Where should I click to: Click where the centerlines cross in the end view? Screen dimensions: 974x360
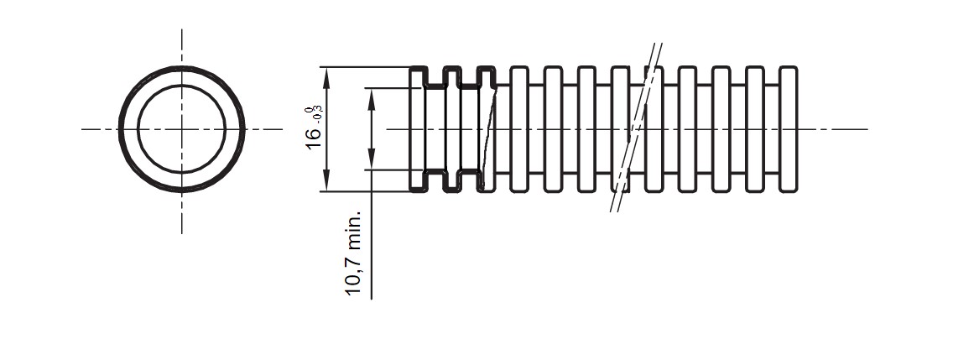point(181,129)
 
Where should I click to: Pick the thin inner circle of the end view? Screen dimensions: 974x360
point(181,87)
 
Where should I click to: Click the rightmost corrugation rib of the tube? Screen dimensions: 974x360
point(789,129)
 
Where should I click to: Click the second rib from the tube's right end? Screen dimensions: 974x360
point(755,129)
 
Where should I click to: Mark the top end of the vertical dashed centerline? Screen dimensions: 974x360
point(181,29)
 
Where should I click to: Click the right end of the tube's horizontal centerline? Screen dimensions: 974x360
point(867,129)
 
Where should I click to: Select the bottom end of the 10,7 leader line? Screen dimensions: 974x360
point(372,299)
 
